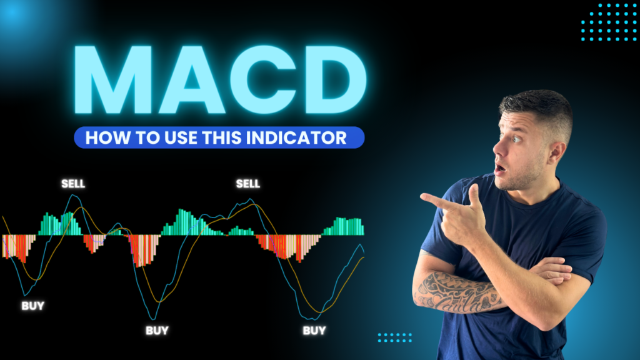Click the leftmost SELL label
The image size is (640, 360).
73,184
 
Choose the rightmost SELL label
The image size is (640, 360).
247,184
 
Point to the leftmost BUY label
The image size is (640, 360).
32,306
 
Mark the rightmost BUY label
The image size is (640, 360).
314,331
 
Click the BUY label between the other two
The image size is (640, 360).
157,331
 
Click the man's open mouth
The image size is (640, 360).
499,168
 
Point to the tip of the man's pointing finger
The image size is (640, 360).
422,197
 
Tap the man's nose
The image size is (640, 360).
498,149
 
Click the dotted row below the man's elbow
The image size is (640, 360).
395,337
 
